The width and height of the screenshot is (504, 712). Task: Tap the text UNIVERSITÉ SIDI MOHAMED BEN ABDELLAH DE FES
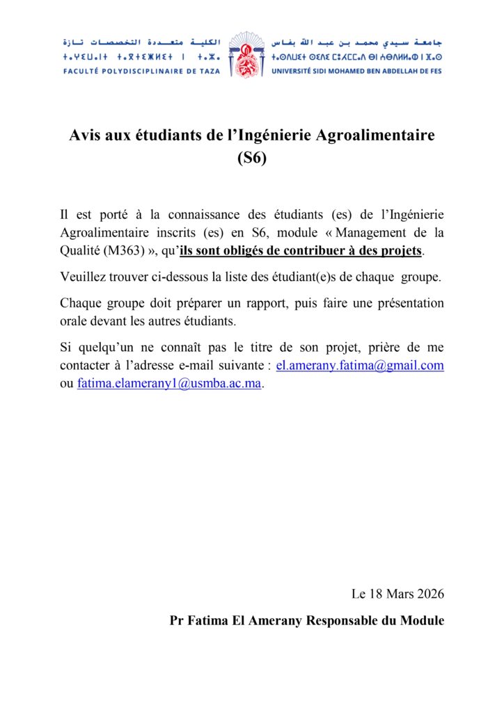tap(357, 71)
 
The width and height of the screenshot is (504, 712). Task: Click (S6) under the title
tap(251, 157)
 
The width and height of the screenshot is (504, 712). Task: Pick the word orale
tap(74, 322)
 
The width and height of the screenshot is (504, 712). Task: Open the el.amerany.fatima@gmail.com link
tap(360, 366)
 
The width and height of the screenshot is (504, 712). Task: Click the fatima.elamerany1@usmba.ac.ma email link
tap(170, 384)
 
